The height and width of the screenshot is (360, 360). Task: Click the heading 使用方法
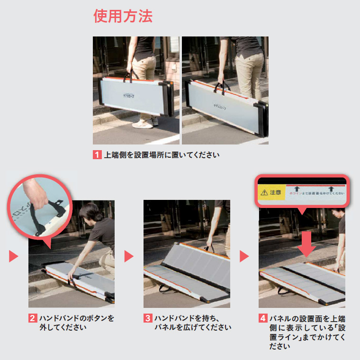tap(123, 17)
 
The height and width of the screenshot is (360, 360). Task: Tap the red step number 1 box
tap(97, 154)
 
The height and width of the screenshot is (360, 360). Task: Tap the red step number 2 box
tap(32, 318)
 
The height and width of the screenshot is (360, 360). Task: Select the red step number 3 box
tap(148, 318)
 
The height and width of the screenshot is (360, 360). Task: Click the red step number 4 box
tap(263, 318)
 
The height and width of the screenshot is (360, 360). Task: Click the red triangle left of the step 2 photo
tap(13, 256)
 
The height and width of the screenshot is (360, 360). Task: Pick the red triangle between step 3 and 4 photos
tap(244, 256)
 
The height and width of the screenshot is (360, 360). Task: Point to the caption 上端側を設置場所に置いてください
tap(162, 155)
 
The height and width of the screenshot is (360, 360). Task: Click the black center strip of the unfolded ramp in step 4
tap(304, 277)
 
